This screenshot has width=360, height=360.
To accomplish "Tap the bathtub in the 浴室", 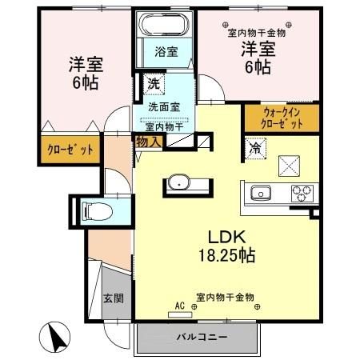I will click(166, 25).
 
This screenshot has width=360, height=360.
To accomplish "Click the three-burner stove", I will click(302, 192).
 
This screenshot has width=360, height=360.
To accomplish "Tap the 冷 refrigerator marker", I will click(255, 148).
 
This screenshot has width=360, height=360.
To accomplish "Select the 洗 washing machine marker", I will click(153, 82).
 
